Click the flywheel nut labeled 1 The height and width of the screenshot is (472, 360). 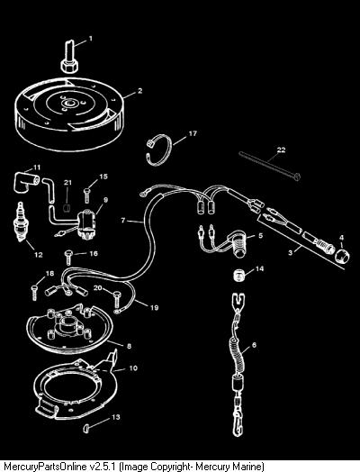[x=70, y=57]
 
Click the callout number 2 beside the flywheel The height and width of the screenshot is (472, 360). [x=139, y=91]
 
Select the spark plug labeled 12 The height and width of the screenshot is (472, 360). [x=20, y=222]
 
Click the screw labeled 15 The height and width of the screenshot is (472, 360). [x=86, y=195]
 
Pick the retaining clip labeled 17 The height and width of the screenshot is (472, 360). [x=158, y=150]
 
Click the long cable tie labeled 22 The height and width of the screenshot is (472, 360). [x=269, y=165]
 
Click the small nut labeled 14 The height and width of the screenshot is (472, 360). [x=239, y=276]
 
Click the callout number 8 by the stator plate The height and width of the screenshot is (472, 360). [x=129, y=346]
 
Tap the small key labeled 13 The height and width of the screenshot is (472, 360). [x=86, y=428]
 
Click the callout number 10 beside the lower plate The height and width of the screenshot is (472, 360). [x=133, y=368]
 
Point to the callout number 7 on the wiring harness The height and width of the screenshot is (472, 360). [x=122, y=221]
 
